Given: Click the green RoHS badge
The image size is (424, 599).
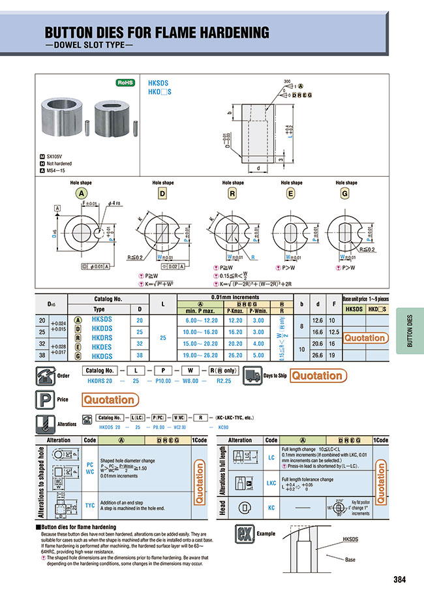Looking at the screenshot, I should (124, 83).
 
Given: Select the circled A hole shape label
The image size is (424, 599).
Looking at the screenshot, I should (82, 194).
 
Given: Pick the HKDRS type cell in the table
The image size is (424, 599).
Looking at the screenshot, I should (102, 339).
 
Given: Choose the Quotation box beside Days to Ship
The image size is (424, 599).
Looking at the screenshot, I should (316, 376).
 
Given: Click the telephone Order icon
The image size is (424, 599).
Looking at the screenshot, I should (48, 376).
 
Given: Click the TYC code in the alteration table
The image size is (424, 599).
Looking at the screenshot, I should (90, 505).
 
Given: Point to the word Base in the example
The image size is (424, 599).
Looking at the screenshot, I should (350, 559).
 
